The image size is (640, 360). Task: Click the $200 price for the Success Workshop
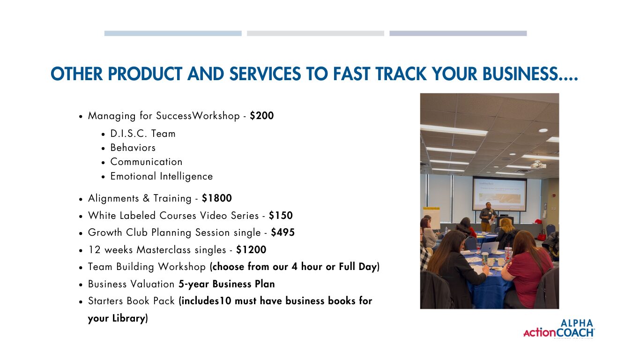(x=262, y=116)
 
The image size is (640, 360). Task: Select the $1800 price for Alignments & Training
(x=217, y=198)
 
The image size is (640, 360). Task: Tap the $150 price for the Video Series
(x=281, y=216)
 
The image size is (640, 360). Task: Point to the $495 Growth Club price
(x=283, y=232)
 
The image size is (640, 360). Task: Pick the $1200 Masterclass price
(x=251, y=250)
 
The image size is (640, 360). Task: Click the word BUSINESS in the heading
(x=530, y=74)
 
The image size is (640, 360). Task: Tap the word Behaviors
(x=133, y=148)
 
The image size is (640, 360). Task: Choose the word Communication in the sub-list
(x=146, y=162)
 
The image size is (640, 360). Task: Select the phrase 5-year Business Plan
(x=227, y=284)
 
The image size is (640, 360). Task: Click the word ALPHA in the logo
(x=577, y=323)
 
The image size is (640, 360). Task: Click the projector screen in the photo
(x=499, y=194)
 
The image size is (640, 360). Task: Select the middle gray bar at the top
(x=315, y=33)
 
